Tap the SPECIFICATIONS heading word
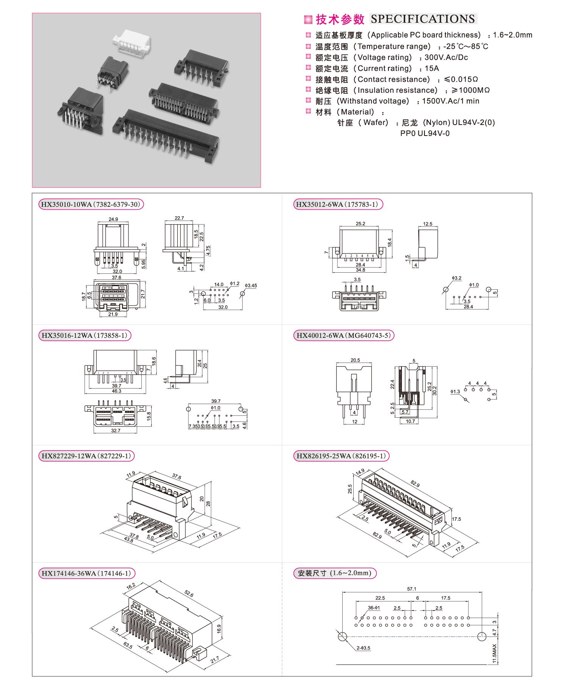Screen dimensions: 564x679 coord(423,19)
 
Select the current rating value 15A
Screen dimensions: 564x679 coord(432,69)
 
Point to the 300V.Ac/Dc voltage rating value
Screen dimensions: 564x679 coord(446,58)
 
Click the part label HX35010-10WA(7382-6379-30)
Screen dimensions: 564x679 coord(91,204)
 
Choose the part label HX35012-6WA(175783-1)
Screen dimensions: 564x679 coord(337,204)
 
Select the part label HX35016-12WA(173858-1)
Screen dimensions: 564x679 coord(85,336)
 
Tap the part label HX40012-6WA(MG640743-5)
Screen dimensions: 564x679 coord(343,336)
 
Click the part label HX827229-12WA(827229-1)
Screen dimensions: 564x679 coord(86,456)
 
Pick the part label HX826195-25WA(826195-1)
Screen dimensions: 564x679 coord(341,456)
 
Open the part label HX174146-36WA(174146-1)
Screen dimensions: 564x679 coord(86,573)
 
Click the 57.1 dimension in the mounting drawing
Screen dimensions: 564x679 coord(412,589)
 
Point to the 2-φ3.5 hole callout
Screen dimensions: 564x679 coord(363,648)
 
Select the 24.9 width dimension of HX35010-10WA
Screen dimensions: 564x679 coord(113,219)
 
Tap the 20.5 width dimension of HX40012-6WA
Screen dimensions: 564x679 coord(355,360)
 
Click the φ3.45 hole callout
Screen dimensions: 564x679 coord(251,286)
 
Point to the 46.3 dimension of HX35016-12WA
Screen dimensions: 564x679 coord(116,391)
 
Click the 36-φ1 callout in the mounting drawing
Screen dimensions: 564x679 coord(374,608)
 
